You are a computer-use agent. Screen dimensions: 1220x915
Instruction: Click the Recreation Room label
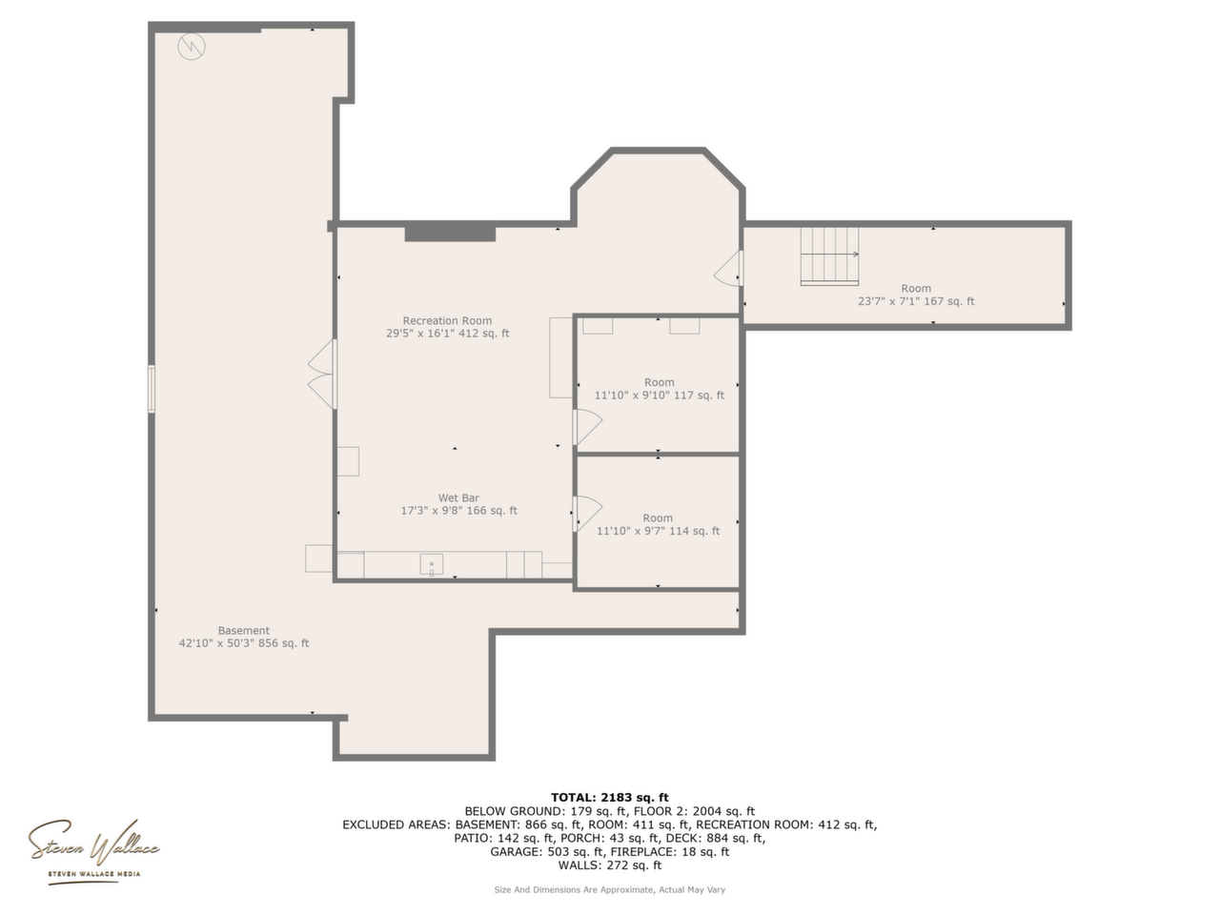point(447,320)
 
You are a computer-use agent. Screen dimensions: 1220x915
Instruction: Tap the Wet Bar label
point(458,498)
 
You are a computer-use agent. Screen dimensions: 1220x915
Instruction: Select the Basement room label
point(243,631)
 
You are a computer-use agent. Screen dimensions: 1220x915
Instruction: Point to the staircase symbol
point(829,256)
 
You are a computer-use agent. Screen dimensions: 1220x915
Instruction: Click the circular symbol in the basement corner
point(192,47)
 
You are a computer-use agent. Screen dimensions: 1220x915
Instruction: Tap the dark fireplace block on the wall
point(450,234)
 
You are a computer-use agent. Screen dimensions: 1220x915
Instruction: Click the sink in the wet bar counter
point(432,564)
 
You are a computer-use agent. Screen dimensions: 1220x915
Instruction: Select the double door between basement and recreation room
point(322,374)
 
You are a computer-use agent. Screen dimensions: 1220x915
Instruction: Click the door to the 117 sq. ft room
point(587,427)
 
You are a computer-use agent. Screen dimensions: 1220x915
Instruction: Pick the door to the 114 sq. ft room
point(587,514)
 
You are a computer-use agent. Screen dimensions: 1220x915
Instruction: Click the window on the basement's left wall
point(152,389)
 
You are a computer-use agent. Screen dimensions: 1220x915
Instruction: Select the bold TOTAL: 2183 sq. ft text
point(610,798)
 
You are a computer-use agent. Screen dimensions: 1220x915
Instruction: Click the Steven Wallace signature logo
point(93,849)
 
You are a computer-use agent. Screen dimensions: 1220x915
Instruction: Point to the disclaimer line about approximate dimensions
point(610,890)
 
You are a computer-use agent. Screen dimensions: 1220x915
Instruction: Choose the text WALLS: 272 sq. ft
point(610,865)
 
